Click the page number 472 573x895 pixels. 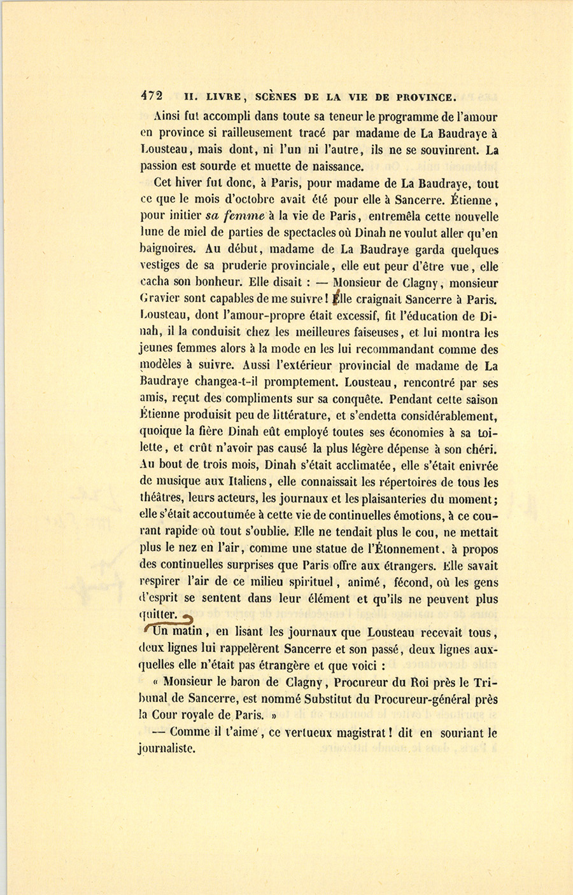tap(152, 96)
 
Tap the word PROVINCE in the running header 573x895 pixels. tap(426, 97)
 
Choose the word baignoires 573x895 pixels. tap(169, 250)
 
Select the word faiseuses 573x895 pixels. tap(372, 333)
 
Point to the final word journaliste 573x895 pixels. tap(166, 749)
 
